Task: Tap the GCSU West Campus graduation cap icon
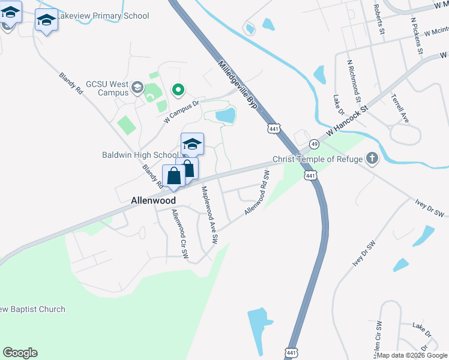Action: [137, 89]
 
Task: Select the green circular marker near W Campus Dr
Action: [178, 91]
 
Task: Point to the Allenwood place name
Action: [154, 200]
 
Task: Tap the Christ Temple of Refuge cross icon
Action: [372, 159]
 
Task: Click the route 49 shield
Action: [314, 144]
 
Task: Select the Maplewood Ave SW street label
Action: [209, 214]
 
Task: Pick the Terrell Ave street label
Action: [400, 108]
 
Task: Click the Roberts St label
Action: [379, 20]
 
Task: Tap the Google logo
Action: [20, 353]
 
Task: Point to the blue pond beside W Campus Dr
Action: [224, 115]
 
